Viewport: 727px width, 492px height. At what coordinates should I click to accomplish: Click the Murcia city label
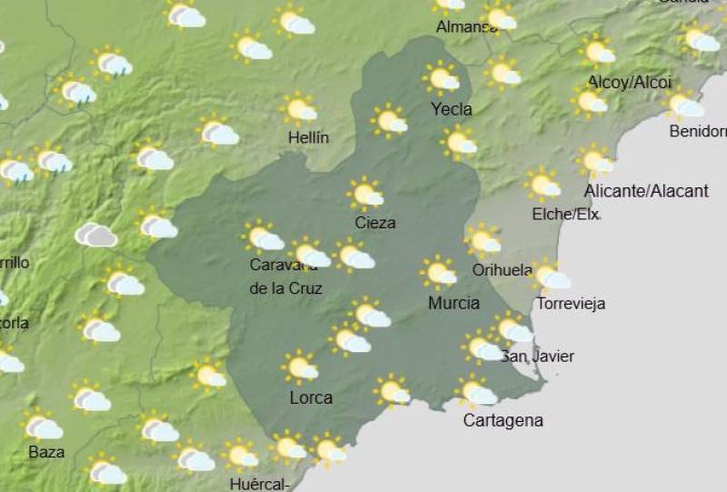(453, 303)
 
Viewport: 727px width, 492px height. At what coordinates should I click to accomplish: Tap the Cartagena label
(503, 420)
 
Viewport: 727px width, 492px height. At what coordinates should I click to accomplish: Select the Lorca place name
(311, 397)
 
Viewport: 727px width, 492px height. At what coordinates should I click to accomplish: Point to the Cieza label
(375, 222)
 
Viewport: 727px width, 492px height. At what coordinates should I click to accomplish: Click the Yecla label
(452, 109)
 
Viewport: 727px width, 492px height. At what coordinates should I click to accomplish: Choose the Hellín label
(306, 137)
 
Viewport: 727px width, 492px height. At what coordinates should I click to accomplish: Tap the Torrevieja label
(571, 303)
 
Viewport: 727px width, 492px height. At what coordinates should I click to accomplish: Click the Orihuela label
(503, 269)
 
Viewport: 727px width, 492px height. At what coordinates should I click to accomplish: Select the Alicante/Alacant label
(646, 191)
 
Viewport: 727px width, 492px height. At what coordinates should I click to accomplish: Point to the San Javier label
(538, 356)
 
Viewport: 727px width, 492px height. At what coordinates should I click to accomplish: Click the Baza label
(46, 451)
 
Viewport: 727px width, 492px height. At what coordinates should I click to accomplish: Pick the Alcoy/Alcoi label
(630, 82)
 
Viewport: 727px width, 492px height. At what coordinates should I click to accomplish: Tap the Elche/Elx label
(565, 215)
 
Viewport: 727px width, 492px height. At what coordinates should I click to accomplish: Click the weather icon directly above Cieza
(366, 194)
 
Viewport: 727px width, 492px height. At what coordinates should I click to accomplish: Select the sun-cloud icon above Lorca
(301, 367)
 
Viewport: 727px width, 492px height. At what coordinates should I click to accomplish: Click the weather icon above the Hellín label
(300, 108)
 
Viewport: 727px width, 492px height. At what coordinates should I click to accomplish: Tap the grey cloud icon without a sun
(95, 236)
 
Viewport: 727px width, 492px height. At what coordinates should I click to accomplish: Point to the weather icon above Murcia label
(440, 272)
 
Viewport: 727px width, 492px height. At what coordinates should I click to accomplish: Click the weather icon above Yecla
(443, 79)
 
